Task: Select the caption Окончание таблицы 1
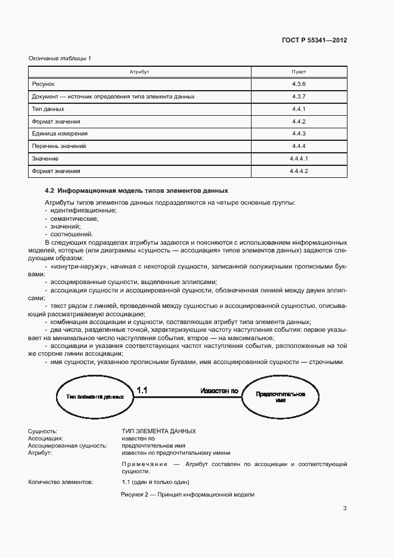click(x=60, y=58)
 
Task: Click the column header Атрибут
click(x=139, y=71)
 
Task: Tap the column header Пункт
click(x=299, y=71)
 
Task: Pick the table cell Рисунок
click(x=43, y=84)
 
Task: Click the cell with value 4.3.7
click(x=299, y=96)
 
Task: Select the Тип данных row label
click(x=48, y=109)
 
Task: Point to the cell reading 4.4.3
click(x=299, y=134)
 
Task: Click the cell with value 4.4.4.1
click(x=299, y=159)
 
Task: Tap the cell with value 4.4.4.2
click(x=299, y=171)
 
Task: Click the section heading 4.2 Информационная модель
click(x=136, y=191)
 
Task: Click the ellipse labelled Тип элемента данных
click(x=91, y=397)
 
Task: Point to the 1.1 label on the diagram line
click(x=142, y=390)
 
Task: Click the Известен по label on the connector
click(x=219, y=391)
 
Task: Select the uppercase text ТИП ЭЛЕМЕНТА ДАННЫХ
click(x=159, y=431)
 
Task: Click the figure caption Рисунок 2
click(x=187, y=495)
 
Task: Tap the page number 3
click(x=345, y=508)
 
